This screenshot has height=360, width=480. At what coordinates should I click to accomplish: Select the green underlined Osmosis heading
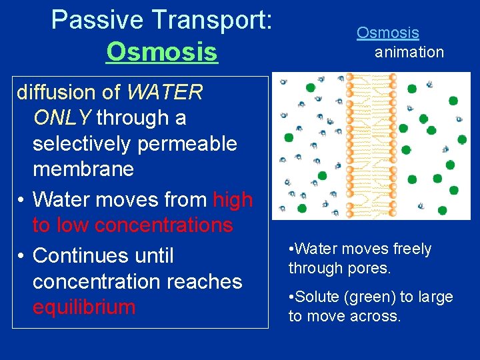161,51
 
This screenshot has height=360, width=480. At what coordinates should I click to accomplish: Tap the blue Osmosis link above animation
387,33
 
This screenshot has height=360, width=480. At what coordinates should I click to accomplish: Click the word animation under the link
409,52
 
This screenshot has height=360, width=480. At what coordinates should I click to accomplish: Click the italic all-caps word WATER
164,92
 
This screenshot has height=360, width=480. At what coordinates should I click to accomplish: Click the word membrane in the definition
83,169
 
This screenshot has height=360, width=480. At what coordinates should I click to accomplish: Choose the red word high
233,199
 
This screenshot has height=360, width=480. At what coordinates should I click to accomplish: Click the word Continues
103,255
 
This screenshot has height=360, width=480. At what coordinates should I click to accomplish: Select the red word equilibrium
83,307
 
